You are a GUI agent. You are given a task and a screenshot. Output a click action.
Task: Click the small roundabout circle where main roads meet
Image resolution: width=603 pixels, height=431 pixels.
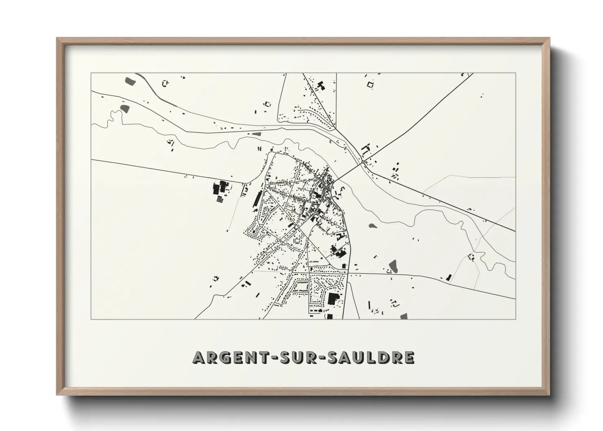tap(363, 162)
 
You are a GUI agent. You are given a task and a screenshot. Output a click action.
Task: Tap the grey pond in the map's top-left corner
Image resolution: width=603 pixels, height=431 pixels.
tap(130, 80)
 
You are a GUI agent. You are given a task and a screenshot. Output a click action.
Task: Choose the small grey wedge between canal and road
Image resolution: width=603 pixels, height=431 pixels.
tap(257, 133)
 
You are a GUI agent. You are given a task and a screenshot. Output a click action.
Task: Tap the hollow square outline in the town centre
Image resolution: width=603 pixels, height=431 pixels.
tap(297, 241)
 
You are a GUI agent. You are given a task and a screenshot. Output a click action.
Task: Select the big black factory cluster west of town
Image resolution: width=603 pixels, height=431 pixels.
tap(220, 189)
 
